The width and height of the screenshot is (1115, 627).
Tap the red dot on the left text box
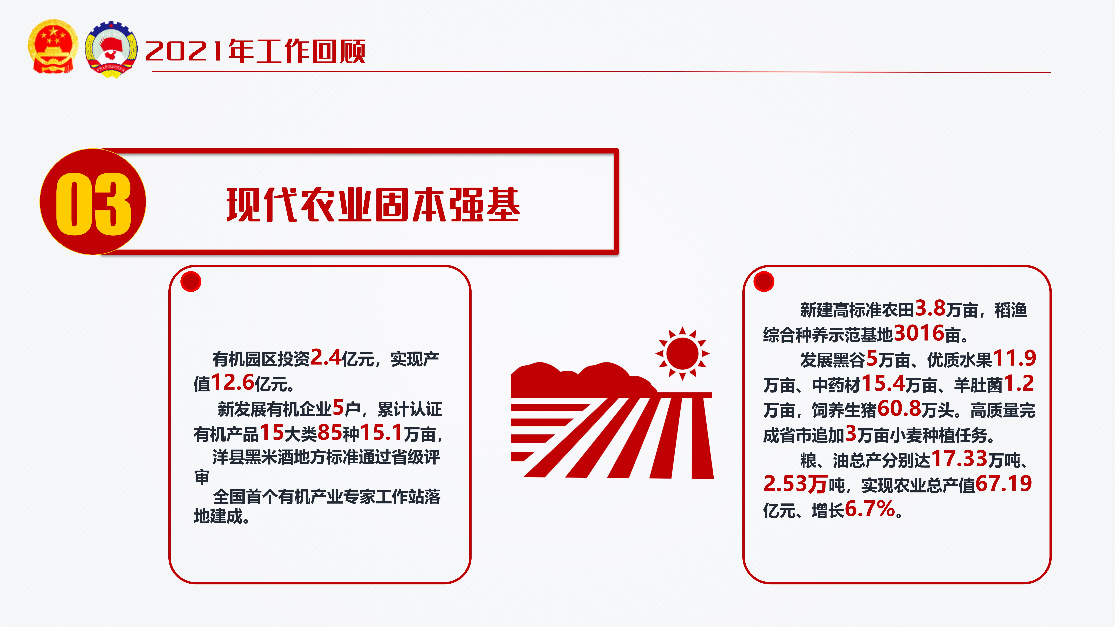point(191,282)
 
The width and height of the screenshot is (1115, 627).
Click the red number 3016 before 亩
point(919,333)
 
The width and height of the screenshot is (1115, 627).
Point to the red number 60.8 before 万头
point(899,408)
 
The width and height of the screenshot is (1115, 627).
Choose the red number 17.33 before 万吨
point(959,458)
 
